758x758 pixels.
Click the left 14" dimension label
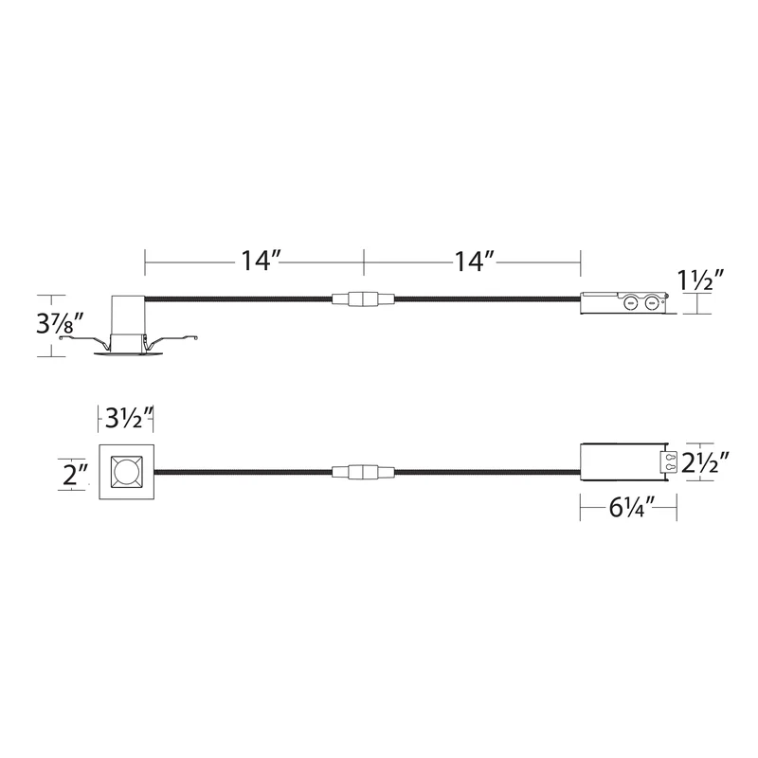pos(261,262)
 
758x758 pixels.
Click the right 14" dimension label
pos(474,262)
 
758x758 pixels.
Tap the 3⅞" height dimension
pos(60,323)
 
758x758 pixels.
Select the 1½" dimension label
pos(700,280)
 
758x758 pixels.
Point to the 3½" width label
pos(129,418)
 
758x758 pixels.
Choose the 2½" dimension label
pos(705,463)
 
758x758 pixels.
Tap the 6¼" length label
pos(631,508)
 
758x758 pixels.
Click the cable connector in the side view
pos(363,298)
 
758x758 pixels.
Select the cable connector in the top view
pos(363,472)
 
